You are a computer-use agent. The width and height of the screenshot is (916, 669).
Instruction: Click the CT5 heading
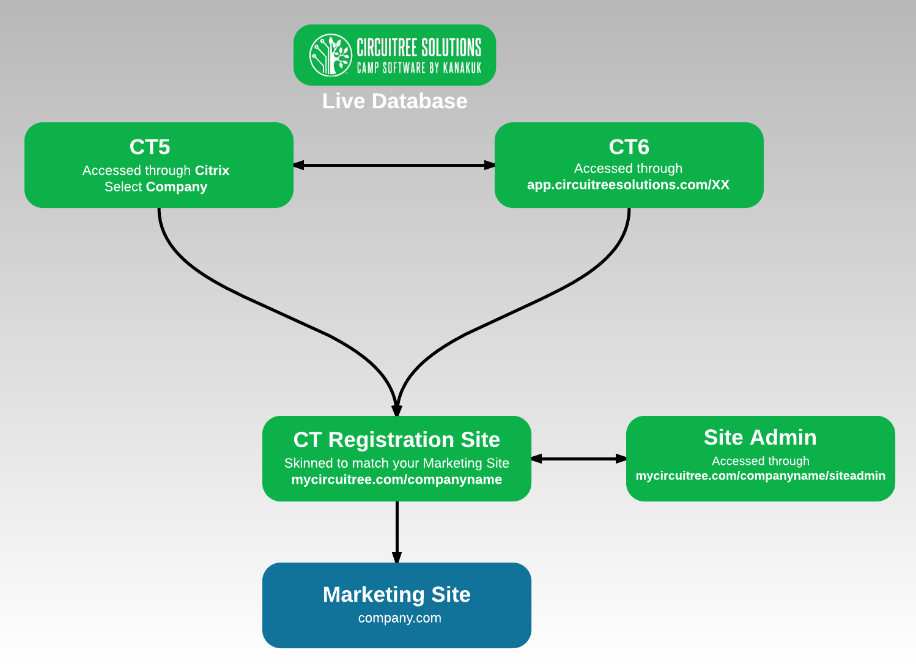(150, 147)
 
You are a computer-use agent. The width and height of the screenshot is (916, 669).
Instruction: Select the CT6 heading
(629, 147)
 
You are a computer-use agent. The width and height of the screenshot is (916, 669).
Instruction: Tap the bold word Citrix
(212, 171)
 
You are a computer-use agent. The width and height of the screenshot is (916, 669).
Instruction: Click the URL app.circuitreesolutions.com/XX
(628, 185)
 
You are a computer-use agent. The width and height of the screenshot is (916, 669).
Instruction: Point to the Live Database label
(394, 101)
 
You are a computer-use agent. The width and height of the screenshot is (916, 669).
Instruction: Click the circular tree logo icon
(330, 55)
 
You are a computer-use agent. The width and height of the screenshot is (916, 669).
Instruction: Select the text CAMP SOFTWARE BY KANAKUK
(419, 68)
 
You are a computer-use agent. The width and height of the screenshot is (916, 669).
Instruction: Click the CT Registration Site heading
(396, 440)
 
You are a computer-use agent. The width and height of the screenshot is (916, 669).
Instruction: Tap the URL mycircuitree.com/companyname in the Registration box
(396, 479)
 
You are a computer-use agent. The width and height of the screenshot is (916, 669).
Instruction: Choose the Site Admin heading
(760, 437)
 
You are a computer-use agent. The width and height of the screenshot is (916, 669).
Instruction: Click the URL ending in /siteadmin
(760, 476)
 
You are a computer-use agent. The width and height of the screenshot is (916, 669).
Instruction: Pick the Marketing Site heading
(396, 594)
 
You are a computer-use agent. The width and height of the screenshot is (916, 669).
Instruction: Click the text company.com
(399, 618)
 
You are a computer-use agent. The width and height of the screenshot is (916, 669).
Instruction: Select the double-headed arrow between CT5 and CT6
(394, 165)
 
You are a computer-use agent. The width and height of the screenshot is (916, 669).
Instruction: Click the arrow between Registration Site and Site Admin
(578, 459)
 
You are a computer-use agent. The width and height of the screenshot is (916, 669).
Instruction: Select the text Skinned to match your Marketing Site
(396, 463)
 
